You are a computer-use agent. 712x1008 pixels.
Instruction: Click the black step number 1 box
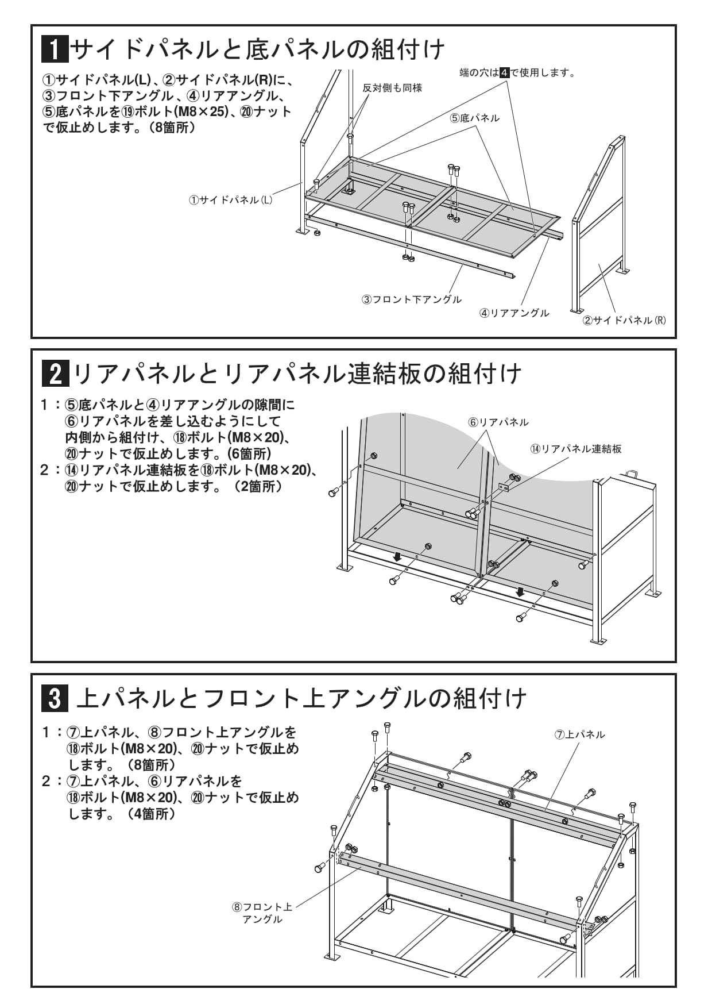(x=55, y=49)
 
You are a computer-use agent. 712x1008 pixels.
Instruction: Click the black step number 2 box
(x=56, y=374)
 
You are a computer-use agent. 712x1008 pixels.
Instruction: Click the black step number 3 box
(x=55, y=699)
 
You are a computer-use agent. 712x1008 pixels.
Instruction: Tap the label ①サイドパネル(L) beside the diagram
(x=231, y=200)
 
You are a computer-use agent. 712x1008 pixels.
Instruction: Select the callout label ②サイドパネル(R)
(x=624, y=320)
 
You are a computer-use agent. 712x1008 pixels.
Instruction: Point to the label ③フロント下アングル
(x=411, y=299)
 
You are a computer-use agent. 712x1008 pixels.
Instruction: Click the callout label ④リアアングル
(x=514, y=313)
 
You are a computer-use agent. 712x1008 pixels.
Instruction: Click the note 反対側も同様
(x=392, y=88)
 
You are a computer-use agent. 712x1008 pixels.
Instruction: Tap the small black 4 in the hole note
(x=505, y=72)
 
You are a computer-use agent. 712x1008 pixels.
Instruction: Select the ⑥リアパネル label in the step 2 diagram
(x=498, y=422)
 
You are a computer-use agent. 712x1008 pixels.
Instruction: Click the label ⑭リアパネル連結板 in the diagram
(x=576, y=449)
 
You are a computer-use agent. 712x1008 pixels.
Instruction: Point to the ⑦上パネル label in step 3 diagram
(x=580, y=734)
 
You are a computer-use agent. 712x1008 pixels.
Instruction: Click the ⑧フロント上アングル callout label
(x=262, y=913)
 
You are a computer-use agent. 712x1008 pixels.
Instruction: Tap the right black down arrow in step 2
(x=520, y=591)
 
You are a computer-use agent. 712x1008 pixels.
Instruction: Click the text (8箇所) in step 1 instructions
(x=172, y=128)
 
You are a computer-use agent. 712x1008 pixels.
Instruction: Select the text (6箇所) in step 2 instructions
(x=248, y=454)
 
